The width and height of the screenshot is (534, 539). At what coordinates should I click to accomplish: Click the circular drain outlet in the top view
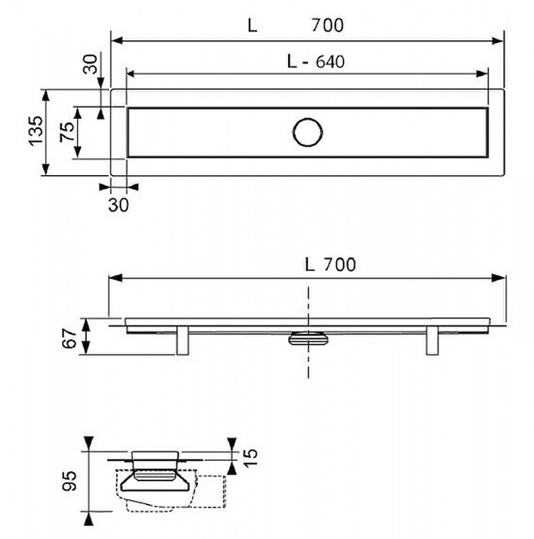coord(308,132)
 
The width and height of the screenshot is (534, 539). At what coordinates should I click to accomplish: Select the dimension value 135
coord(37,131)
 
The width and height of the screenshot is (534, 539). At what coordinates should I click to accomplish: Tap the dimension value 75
coord(67,132)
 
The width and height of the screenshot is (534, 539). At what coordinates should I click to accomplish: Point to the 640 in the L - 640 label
coord(330,62)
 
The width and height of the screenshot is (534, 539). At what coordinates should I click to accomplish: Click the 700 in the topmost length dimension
coord(328,25)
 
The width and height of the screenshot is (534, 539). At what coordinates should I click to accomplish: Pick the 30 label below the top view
coord(118,205)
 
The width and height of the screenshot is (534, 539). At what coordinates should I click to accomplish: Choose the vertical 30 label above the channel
coord(91,65)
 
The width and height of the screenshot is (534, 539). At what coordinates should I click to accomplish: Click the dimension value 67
coord(69,339)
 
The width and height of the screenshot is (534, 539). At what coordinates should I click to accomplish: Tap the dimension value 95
coord(69,481)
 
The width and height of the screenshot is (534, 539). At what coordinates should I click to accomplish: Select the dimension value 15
coord(250,457)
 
